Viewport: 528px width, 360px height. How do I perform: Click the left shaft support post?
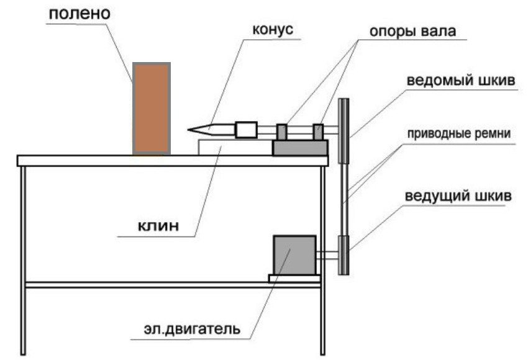pos(282,132)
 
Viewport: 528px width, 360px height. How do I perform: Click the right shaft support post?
pos(318,132)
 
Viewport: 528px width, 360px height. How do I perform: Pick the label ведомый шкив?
pos(460,82)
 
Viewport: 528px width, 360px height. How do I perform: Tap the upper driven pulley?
pos(342,130)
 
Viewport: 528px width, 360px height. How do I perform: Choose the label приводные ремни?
pos(460,133)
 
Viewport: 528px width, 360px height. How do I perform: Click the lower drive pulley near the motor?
pos(343,255)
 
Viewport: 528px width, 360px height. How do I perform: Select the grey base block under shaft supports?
pos(300,148)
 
